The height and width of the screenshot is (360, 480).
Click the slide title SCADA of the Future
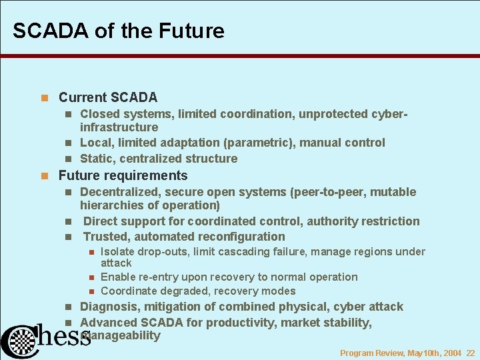[x=118, y=31]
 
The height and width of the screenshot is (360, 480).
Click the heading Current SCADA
[x=108, y=97]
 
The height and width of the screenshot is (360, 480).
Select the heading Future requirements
[x=123, y=175]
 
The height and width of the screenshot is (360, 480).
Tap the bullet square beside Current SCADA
[x=45, y=98]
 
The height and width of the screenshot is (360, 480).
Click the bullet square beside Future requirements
[x=45, y=176]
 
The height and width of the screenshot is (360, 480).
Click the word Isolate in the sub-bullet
[x=117, y=251]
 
